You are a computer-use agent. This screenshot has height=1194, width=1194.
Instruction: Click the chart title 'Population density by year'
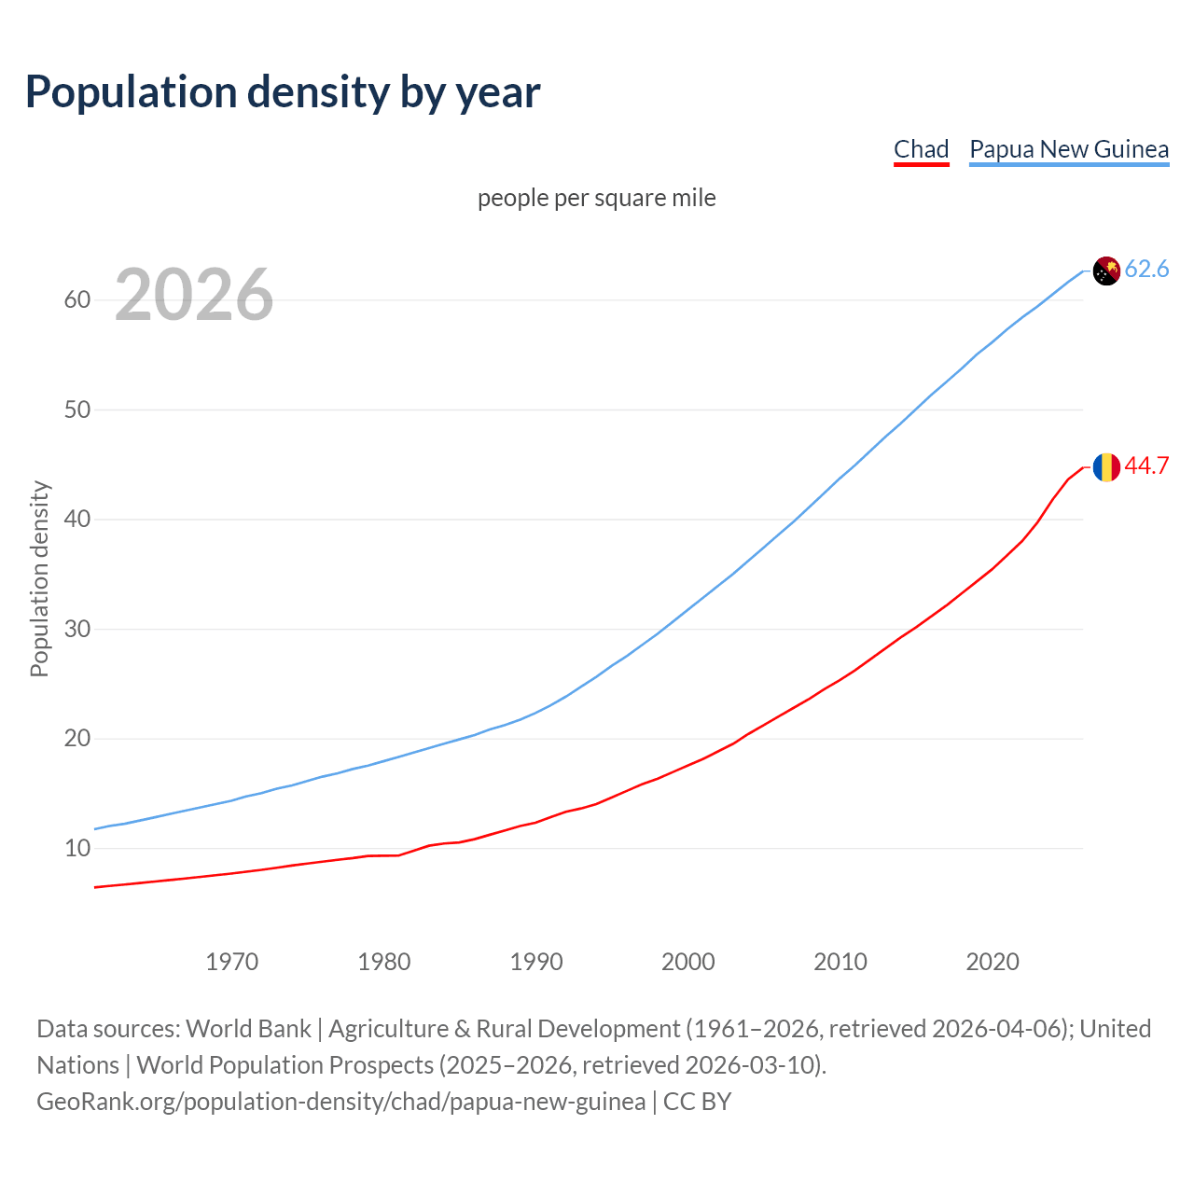pyautogui.click(x=283, y=91)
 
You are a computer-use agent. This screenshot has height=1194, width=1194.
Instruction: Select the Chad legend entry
pyautogui.click(x=921, y=149)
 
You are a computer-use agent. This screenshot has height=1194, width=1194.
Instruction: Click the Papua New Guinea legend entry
pyautogui.click(x=1069, y=149)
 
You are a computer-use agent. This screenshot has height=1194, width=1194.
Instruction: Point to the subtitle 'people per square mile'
pyautogui.click(x=596, y=198)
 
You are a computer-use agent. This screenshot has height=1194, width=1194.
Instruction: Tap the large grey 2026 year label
pyautogui.click(x=194, y=295)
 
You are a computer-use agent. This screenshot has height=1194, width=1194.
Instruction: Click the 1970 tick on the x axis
pyautogui.click(x=231, y=962)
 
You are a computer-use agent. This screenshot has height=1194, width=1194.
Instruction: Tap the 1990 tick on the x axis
pyautogui.click(x=536, y=962)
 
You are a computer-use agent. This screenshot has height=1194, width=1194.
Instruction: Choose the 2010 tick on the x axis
pyautogui.click(x=840, y=962)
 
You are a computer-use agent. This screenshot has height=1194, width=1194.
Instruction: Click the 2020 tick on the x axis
pyautogui.click(x=993, y=962)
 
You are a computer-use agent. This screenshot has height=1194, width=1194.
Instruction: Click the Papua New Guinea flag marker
pyautogui.click(x=1106, y=271)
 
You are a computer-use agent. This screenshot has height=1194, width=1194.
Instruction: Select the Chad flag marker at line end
pyautogui.click(x=1106, y=466)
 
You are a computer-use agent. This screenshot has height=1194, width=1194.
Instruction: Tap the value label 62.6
pyautogui.click(x=1146, y=270)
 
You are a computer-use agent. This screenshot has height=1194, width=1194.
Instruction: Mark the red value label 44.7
pyautogui.click(x=1146, y=465)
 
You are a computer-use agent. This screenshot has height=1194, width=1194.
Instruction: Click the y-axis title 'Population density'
pyautogui.click(x=39, y=578)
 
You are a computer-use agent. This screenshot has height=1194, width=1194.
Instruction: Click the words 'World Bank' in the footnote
pyautogui.click(x=248, y=1028)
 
